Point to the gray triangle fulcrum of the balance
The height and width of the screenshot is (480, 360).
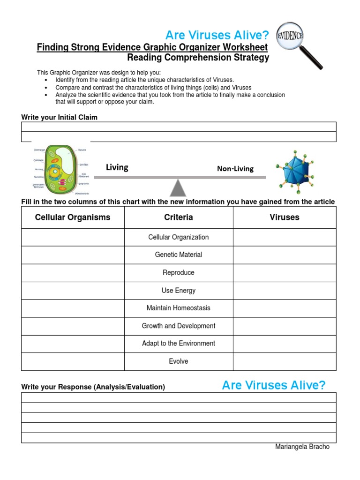tap(178, 187)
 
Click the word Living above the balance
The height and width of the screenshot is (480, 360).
tap(117, 167)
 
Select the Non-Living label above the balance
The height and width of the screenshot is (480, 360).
tap(235, 169)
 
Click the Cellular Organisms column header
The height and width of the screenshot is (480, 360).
tap(73, 217)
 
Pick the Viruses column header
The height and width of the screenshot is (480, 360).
tap(284, 217)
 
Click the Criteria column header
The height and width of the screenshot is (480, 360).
tap(178, 217)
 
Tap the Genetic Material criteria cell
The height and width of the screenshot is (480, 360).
tap(178, 255)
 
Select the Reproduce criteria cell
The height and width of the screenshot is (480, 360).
tap(178, 272)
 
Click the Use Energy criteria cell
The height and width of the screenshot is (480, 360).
tap(178, 290)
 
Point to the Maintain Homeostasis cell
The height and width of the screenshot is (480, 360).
tap(178, 308)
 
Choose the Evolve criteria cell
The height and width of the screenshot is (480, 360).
tap(178, 361)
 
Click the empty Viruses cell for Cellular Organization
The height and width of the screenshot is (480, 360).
tap(284, 237)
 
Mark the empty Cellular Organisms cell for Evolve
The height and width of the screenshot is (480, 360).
tap(73, 361)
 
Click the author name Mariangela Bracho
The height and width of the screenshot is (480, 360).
tap(302, 447)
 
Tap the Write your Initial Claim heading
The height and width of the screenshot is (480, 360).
tap(60, 117)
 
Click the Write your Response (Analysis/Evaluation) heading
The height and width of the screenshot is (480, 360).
tap(93, 387)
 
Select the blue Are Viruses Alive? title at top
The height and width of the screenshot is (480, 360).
tap(217, 35)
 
